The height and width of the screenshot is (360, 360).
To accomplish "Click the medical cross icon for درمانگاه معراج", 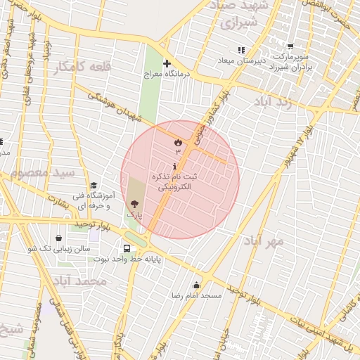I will click(167, 63).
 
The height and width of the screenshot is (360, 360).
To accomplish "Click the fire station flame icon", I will click(177, 142).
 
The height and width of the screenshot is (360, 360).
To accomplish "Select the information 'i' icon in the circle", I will click(175, 166).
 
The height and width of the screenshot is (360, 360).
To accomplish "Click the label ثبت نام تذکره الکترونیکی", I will click(175, 183).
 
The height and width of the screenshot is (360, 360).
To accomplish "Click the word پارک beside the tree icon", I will click(134, 212).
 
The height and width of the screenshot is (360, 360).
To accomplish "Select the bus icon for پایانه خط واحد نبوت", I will click(127, 248).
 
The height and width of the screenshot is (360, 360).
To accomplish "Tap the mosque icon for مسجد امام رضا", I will click(195, 285).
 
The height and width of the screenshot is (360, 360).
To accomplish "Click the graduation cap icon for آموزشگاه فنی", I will click(93, 184).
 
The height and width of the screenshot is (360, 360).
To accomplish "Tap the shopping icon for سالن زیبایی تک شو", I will click(58, 238).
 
